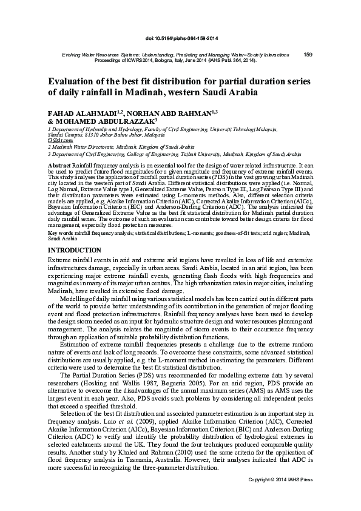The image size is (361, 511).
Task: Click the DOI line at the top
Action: (180, 38)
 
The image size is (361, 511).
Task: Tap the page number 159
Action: (307, 55)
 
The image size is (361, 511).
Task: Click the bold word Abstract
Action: (59, 166)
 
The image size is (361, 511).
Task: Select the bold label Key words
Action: (60, 232)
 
